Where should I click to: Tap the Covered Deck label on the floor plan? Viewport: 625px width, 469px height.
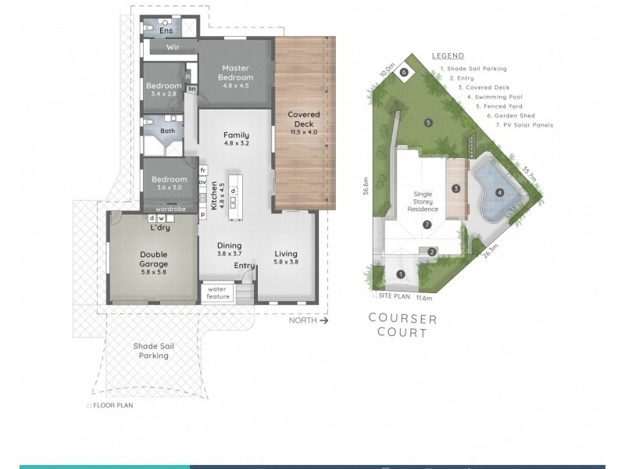click(x=304, y=120)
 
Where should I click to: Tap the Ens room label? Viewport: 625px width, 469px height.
click(x=165, y=30)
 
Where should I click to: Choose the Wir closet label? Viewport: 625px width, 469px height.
click(x=173, y=48)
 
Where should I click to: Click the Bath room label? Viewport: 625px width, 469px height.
click(x=168, y=131)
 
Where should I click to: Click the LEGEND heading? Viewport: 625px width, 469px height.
click(x=447, y=55)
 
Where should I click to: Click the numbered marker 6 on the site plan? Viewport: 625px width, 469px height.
click(x=404, y=72)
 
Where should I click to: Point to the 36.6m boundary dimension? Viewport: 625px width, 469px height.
click(x=365, y=188)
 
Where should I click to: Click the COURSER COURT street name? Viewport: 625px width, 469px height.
click(x=403, y=326)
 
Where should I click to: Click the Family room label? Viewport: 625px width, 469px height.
click(x=236, y=138)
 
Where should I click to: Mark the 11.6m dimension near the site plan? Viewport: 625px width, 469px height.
click(x=424, y=298)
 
